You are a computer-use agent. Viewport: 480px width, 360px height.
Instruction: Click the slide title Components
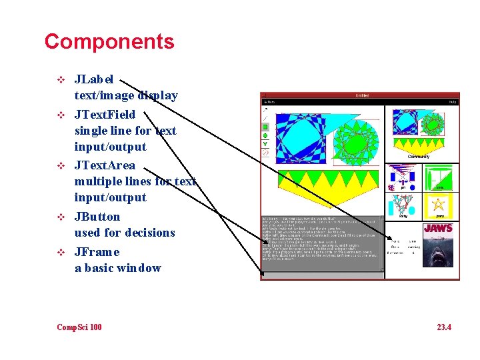[x=109, y=42]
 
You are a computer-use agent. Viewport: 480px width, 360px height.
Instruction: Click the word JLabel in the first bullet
[x=94, y=79]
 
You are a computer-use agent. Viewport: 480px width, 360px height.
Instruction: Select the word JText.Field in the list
[x=105, y=115]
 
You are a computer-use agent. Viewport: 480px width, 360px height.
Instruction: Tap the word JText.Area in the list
[x=105, y=165]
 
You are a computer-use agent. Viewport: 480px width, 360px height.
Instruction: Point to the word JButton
[x=97, y=217]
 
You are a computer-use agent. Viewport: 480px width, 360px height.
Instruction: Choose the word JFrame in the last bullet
[x=97, y=252]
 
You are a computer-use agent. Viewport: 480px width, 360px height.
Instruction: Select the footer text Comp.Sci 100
[x=79, y=327]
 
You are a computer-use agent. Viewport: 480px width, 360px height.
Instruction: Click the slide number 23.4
[x=443, y=327]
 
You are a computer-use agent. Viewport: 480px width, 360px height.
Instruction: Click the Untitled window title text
[x=362, y=95]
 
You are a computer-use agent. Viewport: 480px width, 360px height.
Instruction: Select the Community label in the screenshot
[x=419, y=157]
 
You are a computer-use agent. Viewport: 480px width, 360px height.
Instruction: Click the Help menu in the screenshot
[x=452, y=102]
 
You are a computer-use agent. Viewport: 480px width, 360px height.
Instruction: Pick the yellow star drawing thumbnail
[x=439, y=203]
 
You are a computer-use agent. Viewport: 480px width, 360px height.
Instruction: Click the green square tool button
[x=265, y=126]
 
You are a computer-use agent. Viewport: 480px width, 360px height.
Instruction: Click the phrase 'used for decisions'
[x=125, y=233]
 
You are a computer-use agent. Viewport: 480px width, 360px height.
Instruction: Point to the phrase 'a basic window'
[x=117, y=268]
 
